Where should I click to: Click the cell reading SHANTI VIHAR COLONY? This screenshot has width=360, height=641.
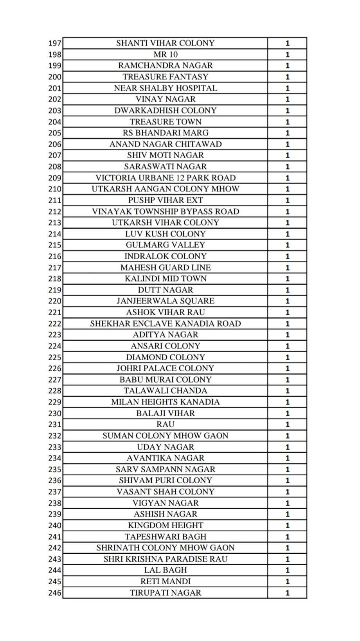click(x=165, y=43)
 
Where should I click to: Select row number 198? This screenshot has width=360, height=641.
click(x=55, y=54)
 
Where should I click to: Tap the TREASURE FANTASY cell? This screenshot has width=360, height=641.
click(x=165, y=77)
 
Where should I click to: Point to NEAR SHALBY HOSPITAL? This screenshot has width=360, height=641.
click(x=165, y=88)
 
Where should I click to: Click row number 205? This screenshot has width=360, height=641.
click(x=55, y=133)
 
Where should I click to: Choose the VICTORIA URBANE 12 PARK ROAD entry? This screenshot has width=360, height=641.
click(x=165, y=178)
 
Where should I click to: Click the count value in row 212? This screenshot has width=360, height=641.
click(x=287, y=212)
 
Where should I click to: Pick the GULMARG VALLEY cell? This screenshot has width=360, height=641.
click(x=165, y=245)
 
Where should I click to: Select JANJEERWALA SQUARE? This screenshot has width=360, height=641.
click(x=165, y=301)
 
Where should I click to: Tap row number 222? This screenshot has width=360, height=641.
click(x=55, y=324)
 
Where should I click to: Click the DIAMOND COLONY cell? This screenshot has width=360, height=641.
click(x=165, y=358)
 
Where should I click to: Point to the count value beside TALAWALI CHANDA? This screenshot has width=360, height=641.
click(x=287, y=391)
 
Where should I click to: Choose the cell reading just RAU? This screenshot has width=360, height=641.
click(x=165, y=424)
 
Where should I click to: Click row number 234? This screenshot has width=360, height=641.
click(x=55, y=458)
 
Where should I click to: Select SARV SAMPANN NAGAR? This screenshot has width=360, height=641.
click(x=165, y=469)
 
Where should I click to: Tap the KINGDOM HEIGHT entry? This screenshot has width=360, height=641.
click(x=165, y=525)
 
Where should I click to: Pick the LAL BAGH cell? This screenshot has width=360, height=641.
click(x=165, y=570)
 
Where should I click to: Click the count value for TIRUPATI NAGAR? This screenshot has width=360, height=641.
click(x=287, y=593)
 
